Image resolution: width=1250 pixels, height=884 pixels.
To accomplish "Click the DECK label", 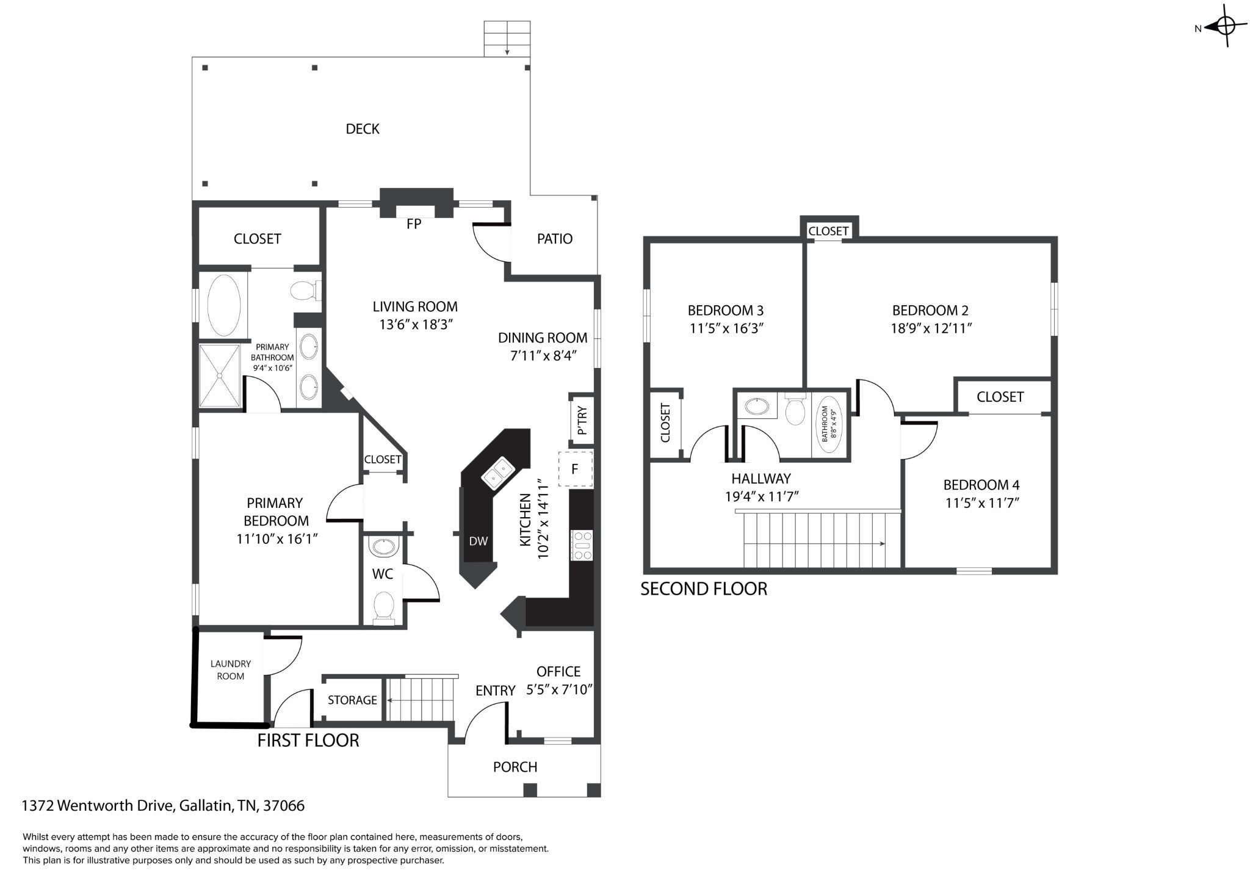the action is pos(363,129).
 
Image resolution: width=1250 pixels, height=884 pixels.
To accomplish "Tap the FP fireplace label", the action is pos(414,224).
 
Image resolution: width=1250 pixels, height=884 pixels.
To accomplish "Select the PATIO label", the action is pos(555,239).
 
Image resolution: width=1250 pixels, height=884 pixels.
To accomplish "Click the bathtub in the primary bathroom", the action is pos(225,304).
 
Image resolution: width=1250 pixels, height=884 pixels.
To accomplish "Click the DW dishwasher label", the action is pos(479,541).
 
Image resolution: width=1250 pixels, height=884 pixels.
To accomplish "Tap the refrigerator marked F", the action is pos(575,469).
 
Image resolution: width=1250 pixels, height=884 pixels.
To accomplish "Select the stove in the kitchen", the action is pos(582,545).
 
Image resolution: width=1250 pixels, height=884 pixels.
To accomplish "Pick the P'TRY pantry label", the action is pos(582,421).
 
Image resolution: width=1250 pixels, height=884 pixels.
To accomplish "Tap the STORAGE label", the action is pos(352,700).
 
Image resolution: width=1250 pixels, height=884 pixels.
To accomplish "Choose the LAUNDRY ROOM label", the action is pos(231,670).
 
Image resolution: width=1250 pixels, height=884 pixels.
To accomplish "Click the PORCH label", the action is pos(515,767).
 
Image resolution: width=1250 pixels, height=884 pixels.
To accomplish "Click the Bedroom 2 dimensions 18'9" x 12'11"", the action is pos(931,328).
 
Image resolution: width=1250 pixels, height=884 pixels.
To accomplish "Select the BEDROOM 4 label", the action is pos(981,485).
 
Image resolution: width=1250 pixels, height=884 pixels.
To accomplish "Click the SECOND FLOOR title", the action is pos(704,589).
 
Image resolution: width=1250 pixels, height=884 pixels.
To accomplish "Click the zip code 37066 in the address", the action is pos(284,806).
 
